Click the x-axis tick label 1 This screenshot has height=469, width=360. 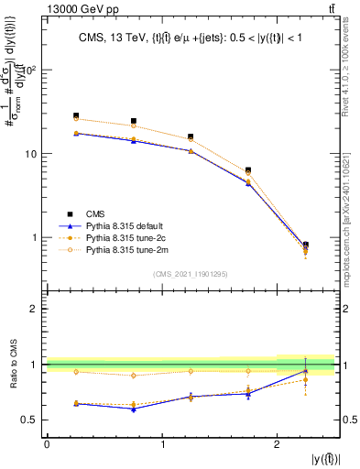(163, 444)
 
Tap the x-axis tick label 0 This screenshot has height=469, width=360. (47, 444)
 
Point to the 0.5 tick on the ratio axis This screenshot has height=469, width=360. (32, 420)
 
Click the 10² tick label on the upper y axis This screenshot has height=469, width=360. (28, 71)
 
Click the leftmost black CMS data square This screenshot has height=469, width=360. (76, 115)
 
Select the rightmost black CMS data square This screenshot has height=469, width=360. (305, 245)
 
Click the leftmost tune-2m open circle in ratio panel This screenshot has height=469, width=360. (76, 372)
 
